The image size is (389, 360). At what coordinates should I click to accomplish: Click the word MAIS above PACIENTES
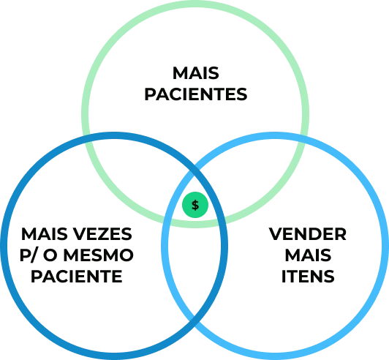pyautogui.click(x=195, y=73)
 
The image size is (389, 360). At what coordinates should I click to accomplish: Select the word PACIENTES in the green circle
pyautogui.click(x=196, y=94)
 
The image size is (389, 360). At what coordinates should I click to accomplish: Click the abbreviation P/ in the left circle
pyautogui.click(x=29, y=255)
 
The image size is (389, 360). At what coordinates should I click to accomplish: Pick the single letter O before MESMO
pyautogui.click(x=50, y=255)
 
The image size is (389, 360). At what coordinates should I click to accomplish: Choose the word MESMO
pyautogui.click(x=99, y=255)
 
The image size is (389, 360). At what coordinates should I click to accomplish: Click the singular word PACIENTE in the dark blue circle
pyautogui.click(x=77, y=276)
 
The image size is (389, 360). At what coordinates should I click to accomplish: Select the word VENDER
pyautogui.click(x=308, y=234)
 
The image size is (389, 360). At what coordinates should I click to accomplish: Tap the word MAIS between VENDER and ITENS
pyautogui.click(x=308, y=255)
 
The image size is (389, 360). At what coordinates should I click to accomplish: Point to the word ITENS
pyautogui.click(x=308, y=276)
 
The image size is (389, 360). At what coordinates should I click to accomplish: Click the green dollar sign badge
pyautogui.click(x=195, y=205)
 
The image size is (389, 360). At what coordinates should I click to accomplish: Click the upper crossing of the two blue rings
pyautogui.click(x=194, y=171)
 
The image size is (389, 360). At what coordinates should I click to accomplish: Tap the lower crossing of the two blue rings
pyautogui.click(x=194, y=320)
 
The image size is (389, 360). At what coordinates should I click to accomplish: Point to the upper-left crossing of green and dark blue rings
pyautogui.click(x=86, y=140)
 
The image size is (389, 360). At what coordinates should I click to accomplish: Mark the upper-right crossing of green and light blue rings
pyautogui.click(x=304, y=140)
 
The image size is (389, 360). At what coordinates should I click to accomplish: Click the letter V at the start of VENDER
pyautogui.click(x=276, y=234)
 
